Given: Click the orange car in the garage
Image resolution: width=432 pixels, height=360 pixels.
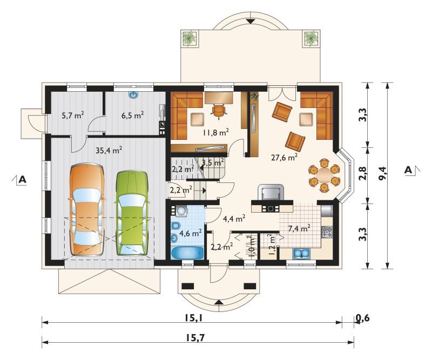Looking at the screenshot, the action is [87, 210].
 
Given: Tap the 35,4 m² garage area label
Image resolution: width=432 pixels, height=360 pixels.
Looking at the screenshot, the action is [109, 150].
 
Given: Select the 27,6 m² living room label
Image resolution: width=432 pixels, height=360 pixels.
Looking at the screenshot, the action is [284, 158].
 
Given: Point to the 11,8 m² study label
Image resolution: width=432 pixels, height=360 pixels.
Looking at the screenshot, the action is [215, 132].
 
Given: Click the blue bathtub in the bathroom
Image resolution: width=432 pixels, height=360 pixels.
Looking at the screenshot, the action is [187, 253].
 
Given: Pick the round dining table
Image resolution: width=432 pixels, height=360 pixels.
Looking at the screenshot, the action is [324, 175].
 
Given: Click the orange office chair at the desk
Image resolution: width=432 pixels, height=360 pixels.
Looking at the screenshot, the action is [219, 111].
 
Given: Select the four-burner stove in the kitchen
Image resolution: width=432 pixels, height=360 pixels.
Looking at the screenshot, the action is [327, 232].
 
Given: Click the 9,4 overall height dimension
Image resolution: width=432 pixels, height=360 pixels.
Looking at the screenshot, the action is [383, 174].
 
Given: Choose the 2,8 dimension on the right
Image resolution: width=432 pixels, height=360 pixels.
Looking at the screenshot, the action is [363, 174].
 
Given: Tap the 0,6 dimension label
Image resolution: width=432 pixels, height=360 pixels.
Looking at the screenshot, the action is [362, 318].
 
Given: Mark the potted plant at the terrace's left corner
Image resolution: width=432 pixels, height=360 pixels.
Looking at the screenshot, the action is [190, 38].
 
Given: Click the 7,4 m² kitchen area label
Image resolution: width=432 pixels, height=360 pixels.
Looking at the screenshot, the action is [299, 228].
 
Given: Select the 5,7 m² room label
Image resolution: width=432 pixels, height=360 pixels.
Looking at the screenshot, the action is [73, 115].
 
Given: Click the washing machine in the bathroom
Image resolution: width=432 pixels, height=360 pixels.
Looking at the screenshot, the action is [179, 211].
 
